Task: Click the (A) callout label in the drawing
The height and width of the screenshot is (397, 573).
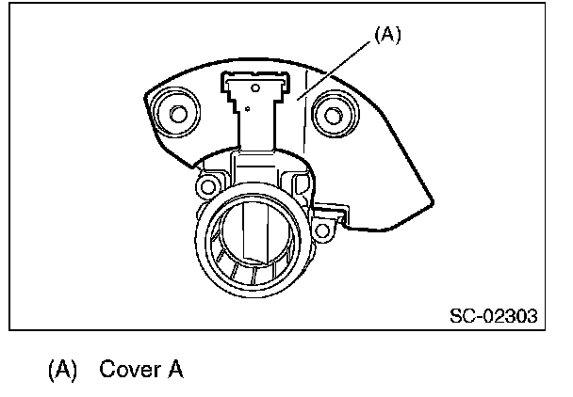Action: [387, 35]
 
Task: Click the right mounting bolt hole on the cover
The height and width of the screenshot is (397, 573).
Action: [332, 116]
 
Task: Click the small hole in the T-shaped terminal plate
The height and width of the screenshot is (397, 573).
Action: [247, 110]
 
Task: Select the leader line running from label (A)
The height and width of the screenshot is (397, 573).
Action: [338, 66]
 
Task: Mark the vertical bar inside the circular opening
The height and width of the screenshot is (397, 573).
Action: [251, 230]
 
